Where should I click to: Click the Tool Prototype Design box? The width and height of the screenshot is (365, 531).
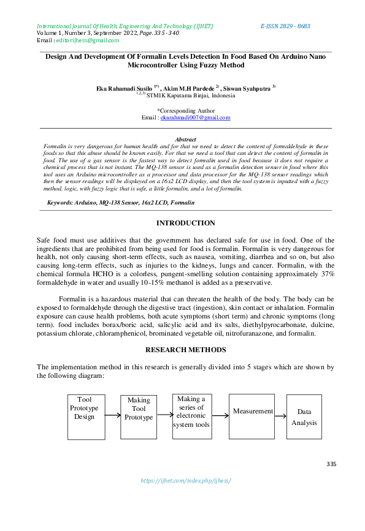(84, 409)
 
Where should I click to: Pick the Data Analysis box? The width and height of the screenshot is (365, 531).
(304, 416)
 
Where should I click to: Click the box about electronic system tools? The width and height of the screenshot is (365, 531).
(191, 412)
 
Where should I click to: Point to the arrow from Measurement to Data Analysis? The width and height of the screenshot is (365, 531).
(280, 416)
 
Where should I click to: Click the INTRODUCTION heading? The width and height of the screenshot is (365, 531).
(185, 223)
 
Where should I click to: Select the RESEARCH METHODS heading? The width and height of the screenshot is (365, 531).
(185, 350)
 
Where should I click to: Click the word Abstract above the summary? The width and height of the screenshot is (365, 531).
(185, 140)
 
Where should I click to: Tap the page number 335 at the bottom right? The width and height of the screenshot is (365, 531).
(331, 464)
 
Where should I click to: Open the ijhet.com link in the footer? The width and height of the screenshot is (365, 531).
(185, 481)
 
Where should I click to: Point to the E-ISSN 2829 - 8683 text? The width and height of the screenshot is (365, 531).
(285, 26)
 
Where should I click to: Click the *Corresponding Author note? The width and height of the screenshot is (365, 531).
(185, 110)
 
